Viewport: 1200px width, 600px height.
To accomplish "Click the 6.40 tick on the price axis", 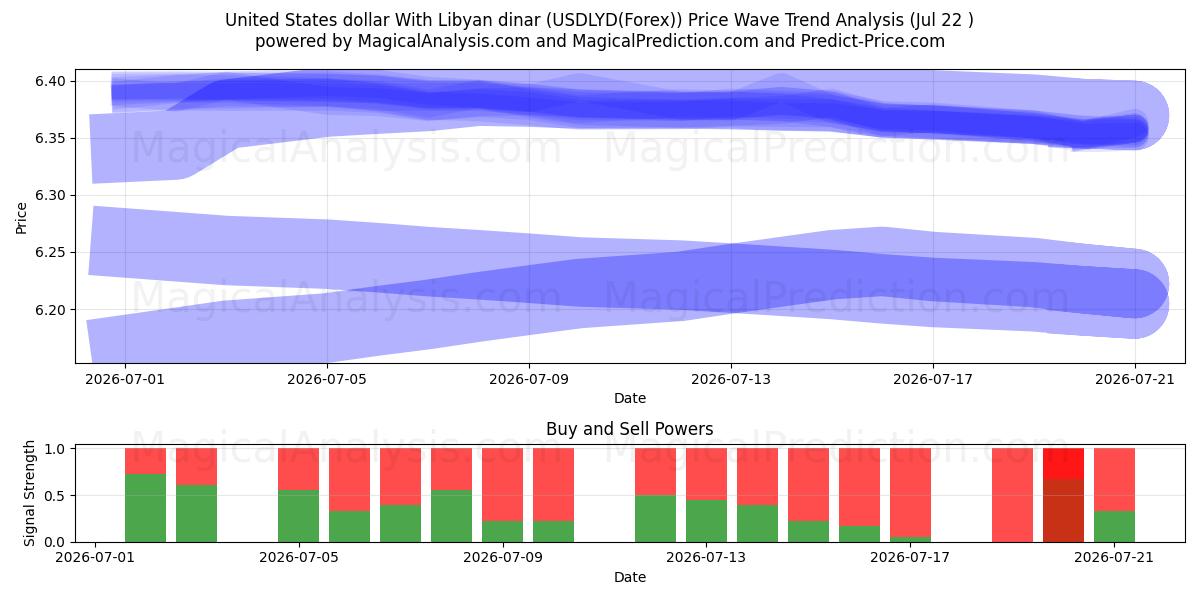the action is coord(50,81).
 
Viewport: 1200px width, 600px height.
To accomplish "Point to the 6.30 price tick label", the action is coord(50,196).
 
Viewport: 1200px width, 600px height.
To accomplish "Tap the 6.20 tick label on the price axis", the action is coord(50,310).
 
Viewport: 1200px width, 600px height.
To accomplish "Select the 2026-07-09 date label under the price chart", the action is coord(529,379).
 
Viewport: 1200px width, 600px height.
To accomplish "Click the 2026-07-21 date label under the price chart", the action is coord(1135,379).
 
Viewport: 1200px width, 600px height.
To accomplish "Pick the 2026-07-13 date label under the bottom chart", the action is coord(706,558).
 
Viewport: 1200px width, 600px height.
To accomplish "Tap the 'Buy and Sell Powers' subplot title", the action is coord(629,429).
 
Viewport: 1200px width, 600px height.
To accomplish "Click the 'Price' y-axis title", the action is coord(21,218).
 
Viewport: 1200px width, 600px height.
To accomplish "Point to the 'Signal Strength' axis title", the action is coord(29,493).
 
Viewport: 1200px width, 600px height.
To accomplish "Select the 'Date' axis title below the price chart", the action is coord(630,399).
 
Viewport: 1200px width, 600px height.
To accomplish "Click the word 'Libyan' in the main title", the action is coord(463,20).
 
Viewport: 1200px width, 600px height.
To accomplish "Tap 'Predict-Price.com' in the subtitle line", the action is coord(873,41).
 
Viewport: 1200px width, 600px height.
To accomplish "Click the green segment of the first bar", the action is coord(145,508).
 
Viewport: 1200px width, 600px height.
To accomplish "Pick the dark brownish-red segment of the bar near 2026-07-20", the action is coord(1063,511).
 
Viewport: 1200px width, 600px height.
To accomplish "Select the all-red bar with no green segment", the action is coord(1012,495).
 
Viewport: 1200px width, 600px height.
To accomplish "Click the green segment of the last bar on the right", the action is coord(1114,527).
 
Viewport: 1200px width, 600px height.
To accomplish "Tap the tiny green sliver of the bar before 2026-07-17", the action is coord(910,539).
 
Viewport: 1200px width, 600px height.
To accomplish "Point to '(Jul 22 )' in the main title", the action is coord(941,20).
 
